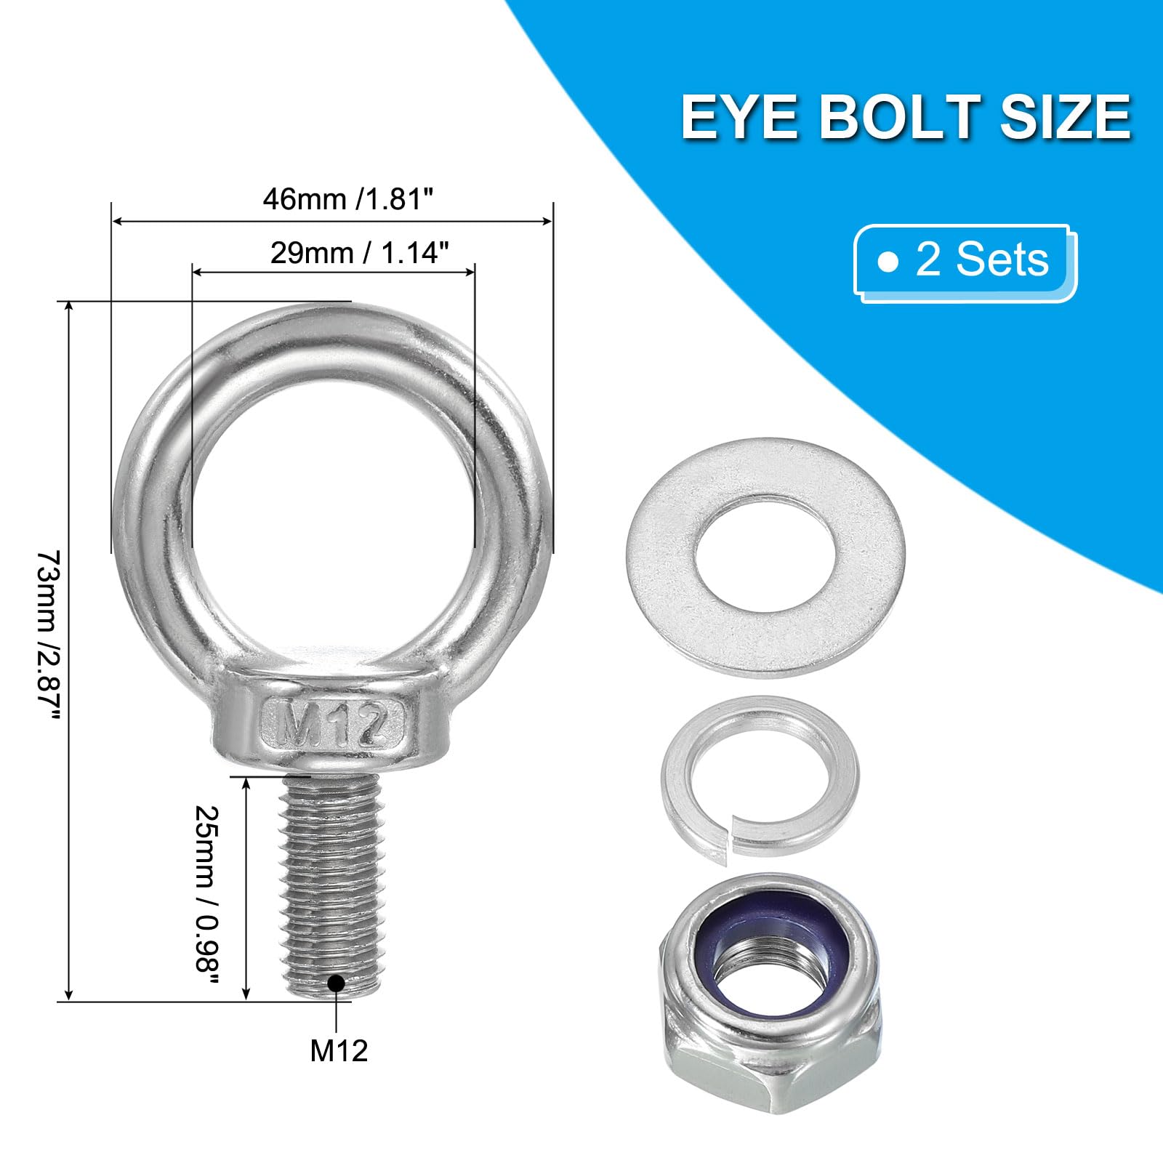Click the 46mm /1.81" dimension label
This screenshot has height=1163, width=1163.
pyautogui.click(x=353, y=198)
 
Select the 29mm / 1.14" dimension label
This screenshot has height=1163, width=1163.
pyautogui.click(x=360, y=252)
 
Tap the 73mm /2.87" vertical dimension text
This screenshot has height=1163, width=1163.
pyautogui.click(x=48, y=636)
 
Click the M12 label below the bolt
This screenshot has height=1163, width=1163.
pyautogui.click(x=339, y=1050)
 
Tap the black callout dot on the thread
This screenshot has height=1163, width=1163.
pyautogui.click(x=336, y=983)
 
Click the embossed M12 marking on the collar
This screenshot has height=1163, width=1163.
pyautogui.click(x=333, y=723)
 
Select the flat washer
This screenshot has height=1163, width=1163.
pyautogui.click(x=765, y=558)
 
